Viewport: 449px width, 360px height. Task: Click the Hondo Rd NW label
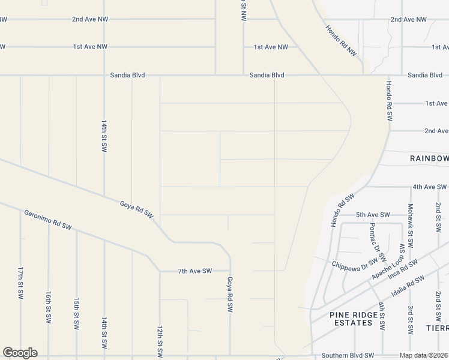pyautogui.click(x=341, y=41)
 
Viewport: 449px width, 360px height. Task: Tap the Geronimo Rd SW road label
pyautogui.click(x=48, y=220)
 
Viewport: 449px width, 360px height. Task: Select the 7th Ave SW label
pyautogui.click(x=195, y=271)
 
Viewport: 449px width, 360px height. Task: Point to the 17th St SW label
pyautogui.click(x=20, y=283)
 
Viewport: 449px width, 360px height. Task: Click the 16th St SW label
pyautogui.click(x=48, y=308)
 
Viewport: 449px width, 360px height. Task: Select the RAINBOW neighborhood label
pyautogui.click(x=429, y=158)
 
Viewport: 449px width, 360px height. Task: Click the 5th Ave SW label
pyautogui.click(x=373, y=215)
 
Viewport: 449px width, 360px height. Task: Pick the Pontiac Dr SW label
pyautogui.click(x=376, y=238)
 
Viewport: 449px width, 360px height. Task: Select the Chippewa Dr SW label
pyautogui.click(x=355, y=262)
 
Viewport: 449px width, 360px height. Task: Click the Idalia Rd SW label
pyautogui.click(x=408, y=287)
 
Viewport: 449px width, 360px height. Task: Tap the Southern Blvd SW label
pyautogui.click(x=348, y=355)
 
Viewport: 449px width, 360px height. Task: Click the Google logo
pyautogui.click(x=20, y=353)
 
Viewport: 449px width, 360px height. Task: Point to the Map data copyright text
pyautogui.click(x=424, y=356)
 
